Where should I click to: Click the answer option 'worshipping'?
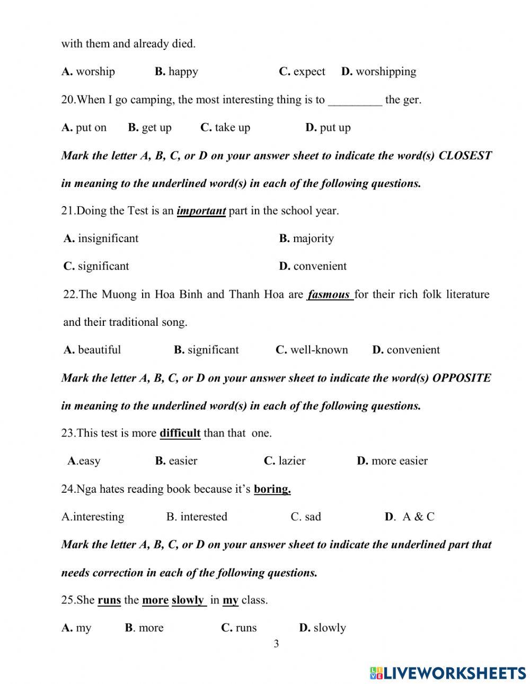point(386,72)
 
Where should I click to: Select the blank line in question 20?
point(355,100)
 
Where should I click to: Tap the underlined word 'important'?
point(201,211)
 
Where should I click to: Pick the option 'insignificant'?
point(108,238)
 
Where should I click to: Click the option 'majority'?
point(313,238)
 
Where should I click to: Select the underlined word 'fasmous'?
point(329,295)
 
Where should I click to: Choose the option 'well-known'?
point(319,350)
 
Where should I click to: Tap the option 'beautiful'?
point(99,350)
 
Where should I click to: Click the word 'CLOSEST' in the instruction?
point(465,156)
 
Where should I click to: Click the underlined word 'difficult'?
point(180,433)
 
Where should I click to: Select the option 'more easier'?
point(399,461)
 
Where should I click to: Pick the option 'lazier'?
point(291,461)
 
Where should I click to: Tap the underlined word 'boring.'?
point(272,489)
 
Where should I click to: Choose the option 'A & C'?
point(418,517)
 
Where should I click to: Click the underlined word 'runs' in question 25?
point(109,600)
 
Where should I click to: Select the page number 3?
point(276,644)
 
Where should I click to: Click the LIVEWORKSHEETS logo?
point(448,673)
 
